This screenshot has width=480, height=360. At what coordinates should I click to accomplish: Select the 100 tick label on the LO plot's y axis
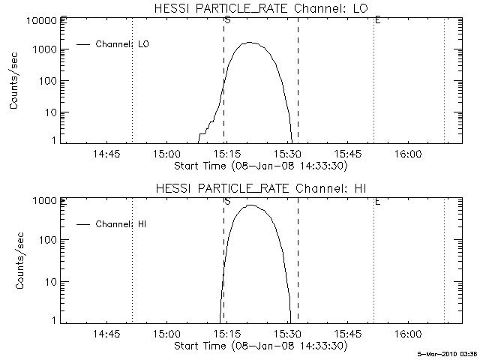(47, 81)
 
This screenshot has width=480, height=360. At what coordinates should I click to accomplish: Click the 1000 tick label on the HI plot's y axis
(45, 201)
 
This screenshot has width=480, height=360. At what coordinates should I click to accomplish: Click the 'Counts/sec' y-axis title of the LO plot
(14, 81)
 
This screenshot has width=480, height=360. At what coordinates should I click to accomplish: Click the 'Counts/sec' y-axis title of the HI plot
(14, 261)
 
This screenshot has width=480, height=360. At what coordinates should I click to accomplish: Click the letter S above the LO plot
(226, 20)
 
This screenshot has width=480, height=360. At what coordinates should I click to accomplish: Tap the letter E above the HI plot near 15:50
(376, 201)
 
